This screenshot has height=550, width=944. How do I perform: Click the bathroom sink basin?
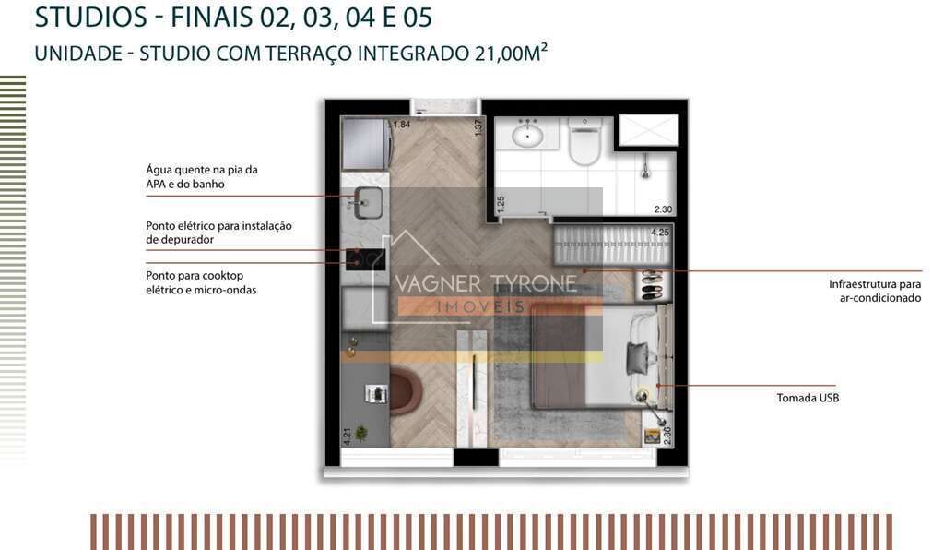click(528, 135)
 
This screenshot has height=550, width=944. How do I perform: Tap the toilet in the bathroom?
click(584, 142)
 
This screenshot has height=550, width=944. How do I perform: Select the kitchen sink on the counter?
click(367, 203)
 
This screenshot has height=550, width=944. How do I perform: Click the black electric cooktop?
click(365, 259)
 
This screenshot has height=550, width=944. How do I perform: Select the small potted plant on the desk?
click(361, 432)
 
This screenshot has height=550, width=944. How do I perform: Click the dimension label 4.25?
click(660, 233)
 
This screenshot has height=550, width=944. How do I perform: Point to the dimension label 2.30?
click(663, 209)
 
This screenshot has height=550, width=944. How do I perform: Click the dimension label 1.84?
click(402, 125)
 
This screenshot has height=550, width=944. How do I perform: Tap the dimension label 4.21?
click(348, 436)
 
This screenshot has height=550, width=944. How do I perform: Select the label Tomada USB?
click(808, 398)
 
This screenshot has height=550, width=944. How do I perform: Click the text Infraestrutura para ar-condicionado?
click(875, 291)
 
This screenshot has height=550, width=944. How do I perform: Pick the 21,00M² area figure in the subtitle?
click(511, 53)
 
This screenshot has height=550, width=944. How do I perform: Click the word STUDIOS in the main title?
click(91, 18)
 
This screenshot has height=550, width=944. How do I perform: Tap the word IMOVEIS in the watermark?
click(480, 306)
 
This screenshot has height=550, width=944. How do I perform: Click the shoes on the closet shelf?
click(652, 285)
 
